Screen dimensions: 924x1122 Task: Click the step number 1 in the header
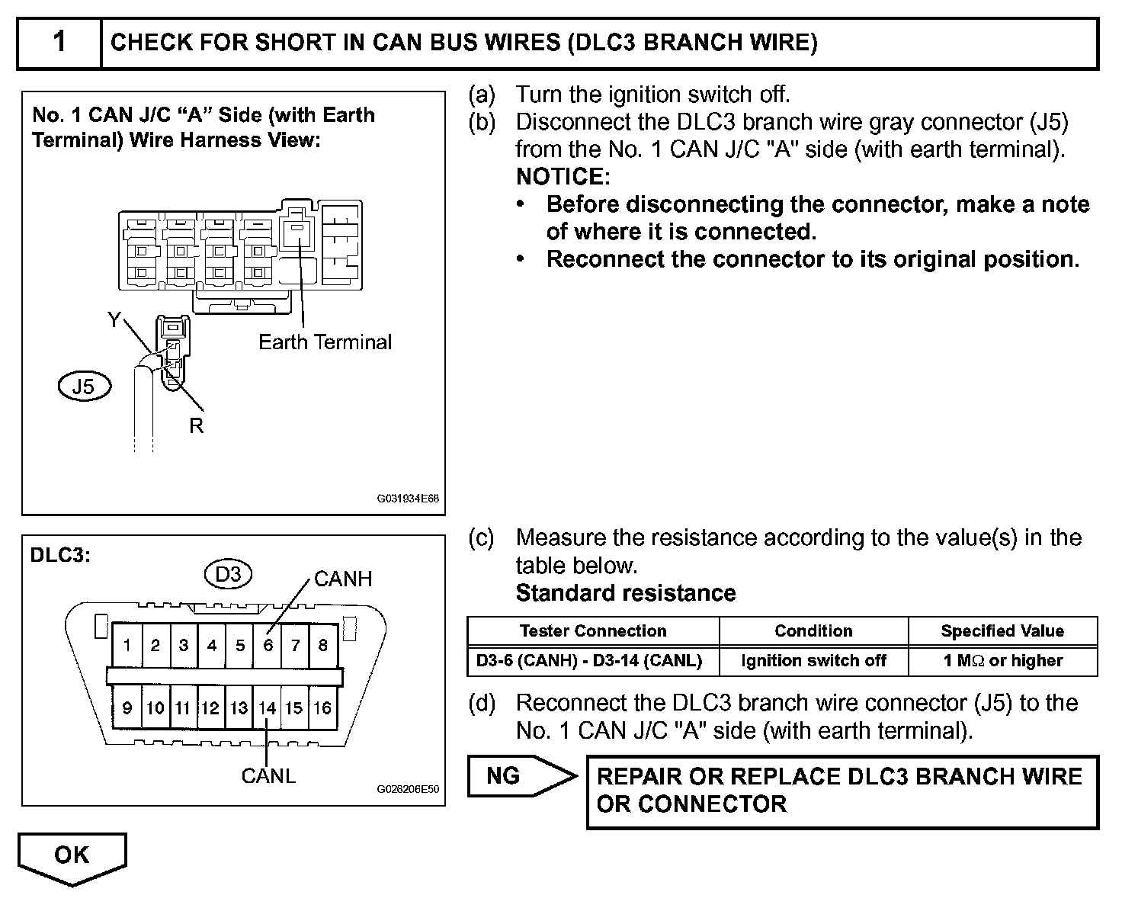click(x=59, y=42)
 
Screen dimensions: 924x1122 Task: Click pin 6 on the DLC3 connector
click(x=268, y=646)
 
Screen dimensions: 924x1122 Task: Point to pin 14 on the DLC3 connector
click(x=267, y=708)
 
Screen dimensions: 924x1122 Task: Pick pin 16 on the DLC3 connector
click(x=322, y=708)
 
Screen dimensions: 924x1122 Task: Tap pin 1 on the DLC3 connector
click(x=127, y=646)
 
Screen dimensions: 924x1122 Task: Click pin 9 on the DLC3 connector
click(x=127, y=708)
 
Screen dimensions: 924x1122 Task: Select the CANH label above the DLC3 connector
click(x=343, y=579)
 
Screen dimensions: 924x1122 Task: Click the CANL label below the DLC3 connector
click(x=268, y=776)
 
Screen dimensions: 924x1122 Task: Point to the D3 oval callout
click(x=228, y=574)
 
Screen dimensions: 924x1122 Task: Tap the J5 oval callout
click(x=84, y=387)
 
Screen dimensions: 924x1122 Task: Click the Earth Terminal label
click(x=325, y=342)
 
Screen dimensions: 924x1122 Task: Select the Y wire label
click(x=114, y=320)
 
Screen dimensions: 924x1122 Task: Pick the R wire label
click(x=197, y=426)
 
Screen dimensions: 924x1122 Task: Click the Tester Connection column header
click(x=593, y=631)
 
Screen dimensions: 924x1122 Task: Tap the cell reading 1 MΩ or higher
click(x=1002, y=661)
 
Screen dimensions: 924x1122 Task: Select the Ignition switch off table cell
click(x=813, y=661)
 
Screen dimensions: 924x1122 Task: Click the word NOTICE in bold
click(x=563, y=177)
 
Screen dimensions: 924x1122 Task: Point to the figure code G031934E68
click(x=408, y=499)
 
